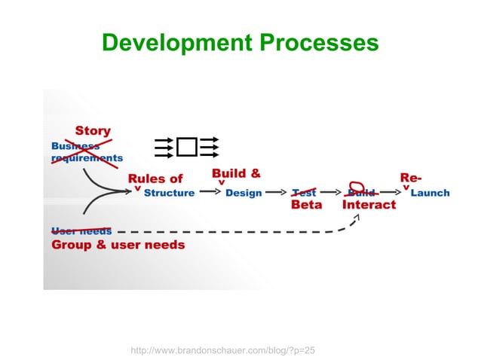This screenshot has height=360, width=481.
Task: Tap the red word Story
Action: (92, 132)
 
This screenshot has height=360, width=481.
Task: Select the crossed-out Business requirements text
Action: (86, 151)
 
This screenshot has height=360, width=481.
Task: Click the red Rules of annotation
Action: (155, 178)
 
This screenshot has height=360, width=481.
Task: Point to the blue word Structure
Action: (169, 193)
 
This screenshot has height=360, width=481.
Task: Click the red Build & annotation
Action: (236, 174)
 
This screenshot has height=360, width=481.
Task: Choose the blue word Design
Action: (244, 193)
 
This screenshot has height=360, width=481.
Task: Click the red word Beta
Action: (306, 205)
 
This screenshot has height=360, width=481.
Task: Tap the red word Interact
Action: (369, 205)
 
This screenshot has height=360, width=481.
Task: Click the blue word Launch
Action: (434, 193)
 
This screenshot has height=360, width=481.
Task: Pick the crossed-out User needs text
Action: (81, 230)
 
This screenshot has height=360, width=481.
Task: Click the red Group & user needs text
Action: (118, 244)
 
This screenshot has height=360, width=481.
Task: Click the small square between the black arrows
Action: (187, 147)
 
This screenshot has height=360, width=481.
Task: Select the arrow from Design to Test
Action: (276, 193)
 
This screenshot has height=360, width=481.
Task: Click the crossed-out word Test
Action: (304, 192)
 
